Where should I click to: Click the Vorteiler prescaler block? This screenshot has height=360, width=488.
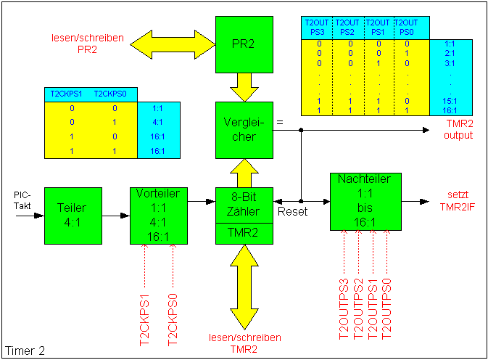point(159,216)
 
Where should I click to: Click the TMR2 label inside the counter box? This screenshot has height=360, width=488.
point(244,233)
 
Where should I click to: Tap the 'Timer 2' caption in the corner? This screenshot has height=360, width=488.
point(25,351)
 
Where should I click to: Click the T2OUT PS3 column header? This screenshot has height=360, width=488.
point(316,28)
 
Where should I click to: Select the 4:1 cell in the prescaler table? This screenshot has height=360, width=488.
point(158,123)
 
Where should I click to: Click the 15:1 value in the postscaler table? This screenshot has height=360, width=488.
point(450,101)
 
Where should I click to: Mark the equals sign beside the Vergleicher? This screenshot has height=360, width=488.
point(280,123)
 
